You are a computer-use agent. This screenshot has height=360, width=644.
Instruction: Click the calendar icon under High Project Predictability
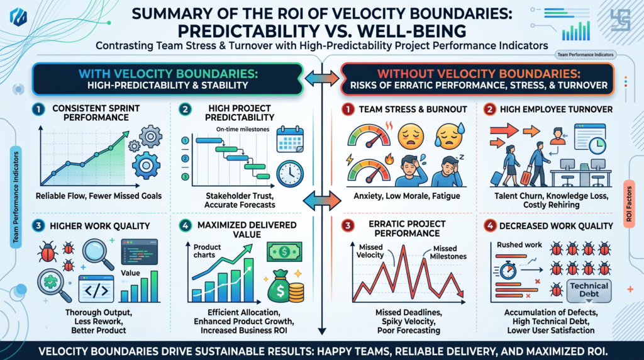[290, 139]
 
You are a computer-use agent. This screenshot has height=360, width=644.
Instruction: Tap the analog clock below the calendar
[290, 174]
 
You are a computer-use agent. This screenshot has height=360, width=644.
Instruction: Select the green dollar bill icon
[284, 252]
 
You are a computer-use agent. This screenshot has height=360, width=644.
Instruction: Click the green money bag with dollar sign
[280, 286]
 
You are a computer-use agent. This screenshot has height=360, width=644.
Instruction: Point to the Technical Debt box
[589, 290]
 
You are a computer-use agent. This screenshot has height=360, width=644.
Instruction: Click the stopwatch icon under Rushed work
[508, 271]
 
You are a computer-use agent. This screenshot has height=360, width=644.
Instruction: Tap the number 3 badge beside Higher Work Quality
[38, 225]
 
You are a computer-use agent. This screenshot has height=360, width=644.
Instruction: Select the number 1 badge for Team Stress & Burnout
[347, 110]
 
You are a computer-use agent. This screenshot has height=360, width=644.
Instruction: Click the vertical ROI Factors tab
[629, 204]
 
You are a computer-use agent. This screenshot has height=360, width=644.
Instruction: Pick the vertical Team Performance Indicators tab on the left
[16, 197]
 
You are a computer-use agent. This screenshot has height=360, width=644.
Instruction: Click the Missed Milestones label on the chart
[448, 252]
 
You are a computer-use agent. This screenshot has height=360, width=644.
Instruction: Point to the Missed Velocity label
[370, 251]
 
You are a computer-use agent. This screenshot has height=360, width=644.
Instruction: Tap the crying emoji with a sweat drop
[450, 136]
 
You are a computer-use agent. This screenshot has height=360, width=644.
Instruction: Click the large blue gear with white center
[146, 166]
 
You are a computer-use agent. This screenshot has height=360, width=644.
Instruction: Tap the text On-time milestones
[243, 129]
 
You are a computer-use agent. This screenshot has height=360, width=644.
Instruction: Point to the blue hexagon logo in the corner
[18, 17]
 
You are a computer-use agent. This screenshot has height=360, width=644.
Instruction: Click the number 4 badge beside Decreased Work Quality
[489, 225]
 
